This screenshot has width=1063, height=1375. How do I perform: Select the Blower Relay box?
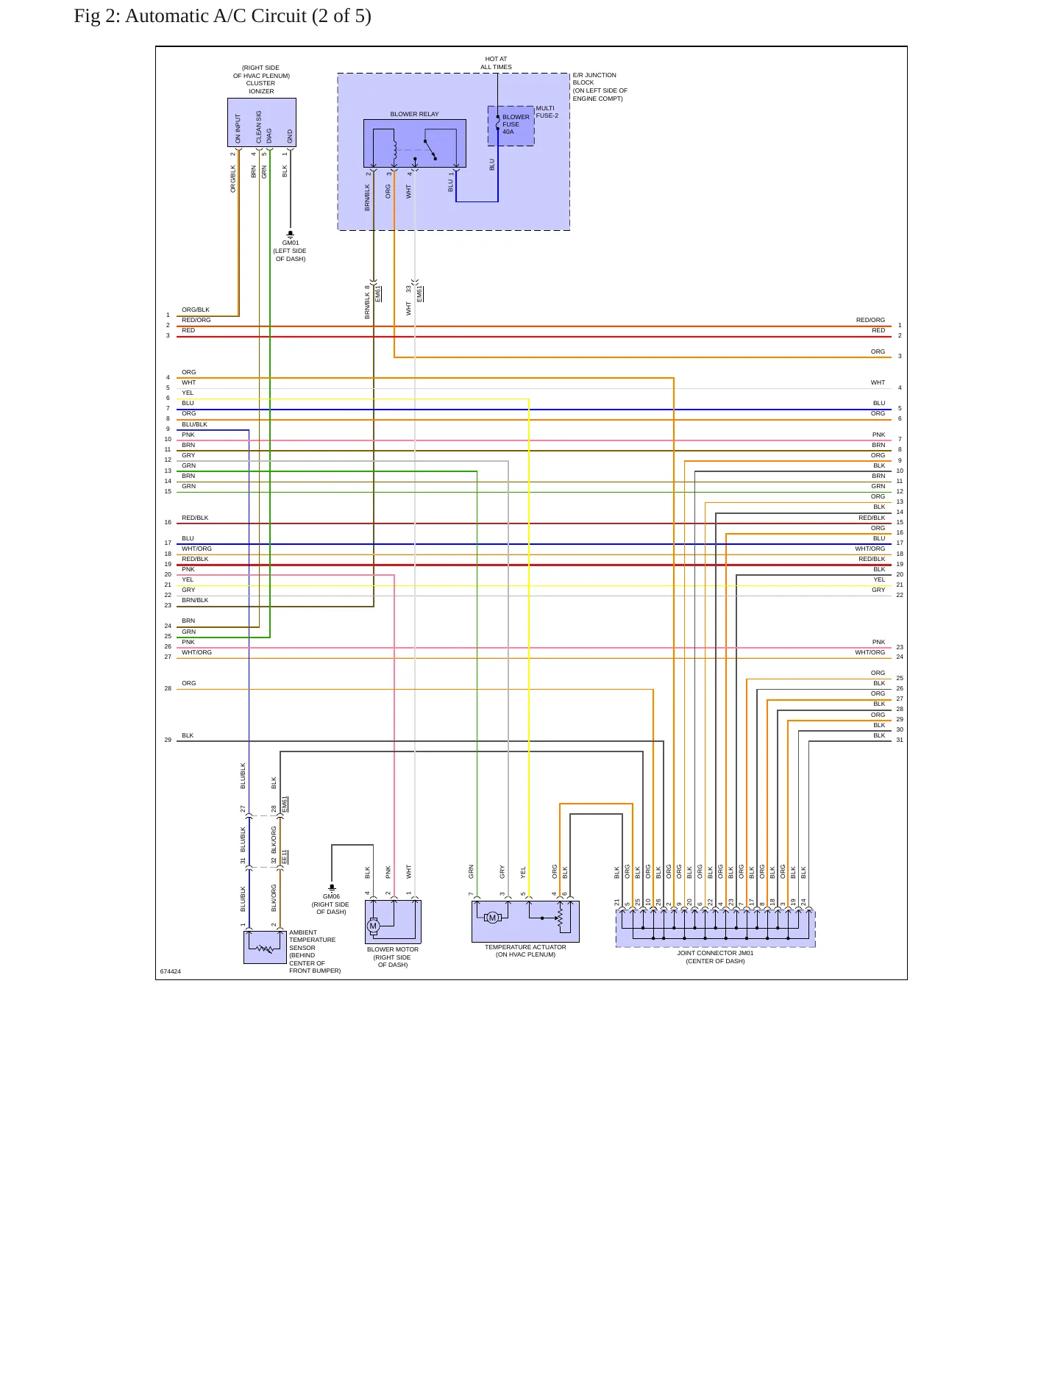[x=415, y=143]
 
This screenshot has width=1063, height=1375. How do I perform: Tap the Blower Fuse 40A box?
[x=511, y=126]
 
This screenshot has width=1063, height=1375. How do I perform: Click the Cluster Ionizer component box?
[x=262, y=123]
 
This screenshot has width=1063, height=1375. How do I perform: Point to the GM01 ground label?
[x=291, y=243]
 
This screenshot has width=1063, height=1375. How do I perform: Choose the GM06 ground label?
[x=331, y=896]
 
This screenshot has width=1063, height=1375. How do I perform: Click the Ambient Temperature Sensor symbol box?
[x=265, y=947]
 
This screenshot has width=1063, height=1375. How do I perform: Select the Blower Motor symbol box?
[x=393, y=922]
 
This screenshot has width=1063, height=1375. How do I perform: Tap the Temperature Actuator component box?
[x=525, y=921]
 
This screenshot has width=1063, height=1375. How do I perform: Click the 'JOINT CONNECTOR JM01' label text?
[x=715, y=953]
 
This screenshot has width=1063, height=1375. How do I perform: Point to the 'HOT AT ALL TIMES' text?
[x=497, y=63]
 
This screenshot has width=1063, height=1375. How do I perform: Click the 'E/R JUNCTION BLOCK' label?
[x=594, y=79]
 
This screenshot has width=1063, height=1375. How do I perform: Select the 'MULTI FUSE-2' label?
[x=547, y=112]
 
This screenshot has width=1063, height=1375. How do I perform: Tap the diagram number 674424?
[x=171, y=971]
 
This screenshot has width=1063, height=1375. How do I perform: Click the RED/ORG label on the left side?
[x=196, y=320]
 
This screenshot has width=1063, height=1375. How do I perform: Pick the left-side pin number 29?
[x=168, y=740]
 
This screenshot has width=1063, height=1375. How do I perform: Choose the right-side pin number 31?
[x=900, y=740]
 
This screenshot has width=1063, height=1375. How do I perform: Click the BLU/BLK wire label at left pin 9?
[x=195, y=424]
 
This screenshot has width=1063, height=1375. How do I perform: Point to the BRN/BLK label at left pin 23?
[x=195, y=600]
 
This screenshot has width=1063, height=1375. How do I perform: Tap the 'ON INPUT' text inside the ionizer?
[x=238, y=129]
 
